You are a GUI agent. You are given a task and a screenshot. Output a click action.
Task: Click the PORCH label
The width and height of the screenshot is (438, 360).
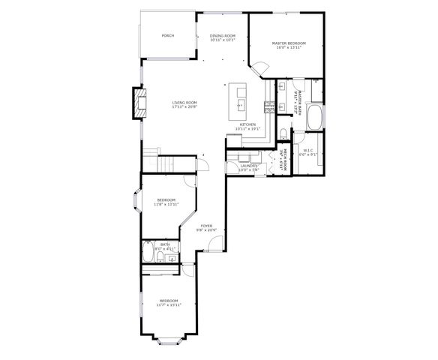coord(168,36)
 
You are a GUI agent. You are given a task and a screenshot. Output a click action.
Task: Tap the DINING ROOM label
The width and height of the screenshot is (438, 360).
coord(223,36)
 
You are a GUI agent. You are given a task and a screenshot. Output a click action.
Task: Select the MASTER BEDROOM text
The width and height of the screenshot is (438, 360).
coord(289,44)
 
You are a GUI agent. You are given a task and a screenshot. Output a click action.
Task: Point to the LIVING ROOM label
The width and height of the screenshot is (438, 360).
coord(184,103)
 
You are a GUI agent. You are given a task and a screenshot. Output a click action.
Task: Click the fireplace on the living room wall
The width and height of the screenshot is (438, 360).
coord(138,103)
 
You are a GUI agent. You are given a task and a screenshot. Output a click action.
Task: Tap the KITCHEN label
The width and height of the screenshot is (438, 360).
coord(248,124)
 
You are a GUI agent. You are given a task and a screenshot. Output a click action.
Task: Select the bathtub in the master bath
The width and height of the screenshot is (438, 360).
coord(316,118)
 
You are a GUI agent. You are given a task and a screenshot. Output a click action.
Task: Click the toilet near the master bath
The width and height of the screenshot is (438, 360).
coord(283,133)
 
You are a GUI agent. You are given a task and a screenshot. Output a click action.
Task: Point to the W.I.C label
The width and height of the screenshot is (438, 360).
coord(308,151)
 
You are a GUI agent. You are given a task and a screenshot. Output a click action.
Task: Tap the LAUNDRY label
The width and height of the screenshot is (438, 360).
coord(248,166)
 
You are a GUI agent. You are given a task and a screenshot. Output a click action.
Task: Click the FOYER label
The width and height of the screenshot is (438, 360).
coord(206,226)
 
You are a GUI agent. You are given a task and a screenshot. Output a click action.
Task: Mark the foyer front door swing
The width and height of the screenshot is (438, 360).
coord(215,244)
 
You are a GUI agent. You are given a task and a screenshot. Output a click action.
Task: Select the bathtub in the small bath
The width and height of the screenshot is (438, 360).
coord(148,251)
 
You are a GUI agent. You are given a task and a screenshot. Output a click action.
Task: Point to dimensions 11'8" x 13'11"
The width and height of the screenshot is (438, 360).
coord(166,204)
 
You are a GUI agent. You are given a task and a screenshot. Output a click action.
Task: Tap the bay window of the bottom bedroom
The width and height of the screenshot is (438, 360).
coord(169,342)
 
